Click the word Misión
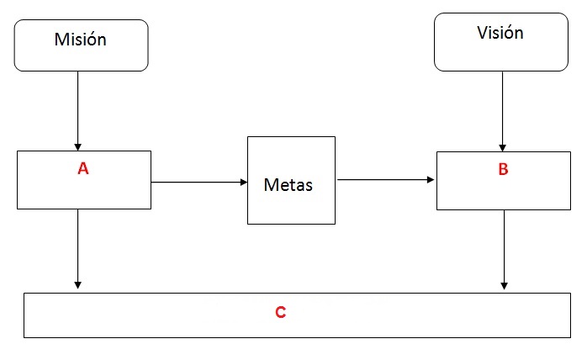(81, 40)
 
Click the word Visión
(500, 33)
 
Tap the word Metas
(288, 185)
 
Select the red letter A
(83, 168)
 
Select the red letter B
(503, 169)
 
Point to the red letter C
(280, 312)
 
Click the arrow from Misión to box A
(78, 111)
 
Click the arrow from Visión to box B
(502, 112)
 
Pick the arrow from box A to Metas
(199, 182)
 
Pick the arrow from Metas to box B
(386, 179)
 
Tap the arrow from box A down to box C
(78, 249)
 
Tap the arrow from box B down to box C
(504, 250)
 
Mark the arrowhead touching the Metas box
(244, 182)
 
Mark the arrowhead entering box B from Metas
(431, 179)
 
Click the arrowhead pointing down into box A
(78, 147)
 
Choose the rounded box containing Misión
(82, 45)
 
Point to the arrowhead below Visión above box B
(502, 148)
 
